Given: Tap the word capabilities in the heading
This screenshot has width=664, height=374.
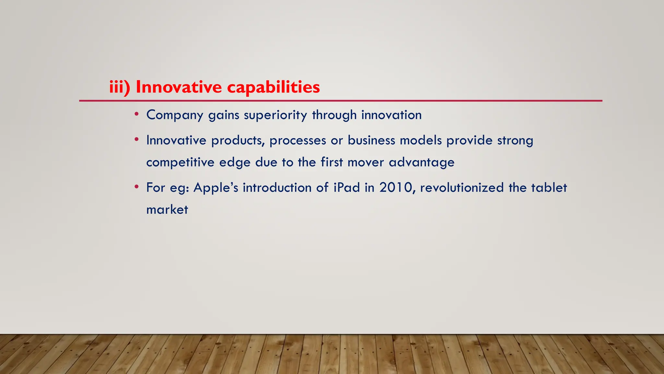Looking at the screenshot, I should (273, 87).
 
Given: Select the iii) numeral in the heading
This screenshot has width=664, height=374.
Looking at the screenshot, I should (119, 87).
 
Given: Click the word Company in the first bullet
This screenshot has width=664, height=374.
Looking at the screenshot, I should (175, 115).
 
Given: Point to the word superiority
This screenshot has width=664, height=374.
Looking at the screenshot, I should (275, 115).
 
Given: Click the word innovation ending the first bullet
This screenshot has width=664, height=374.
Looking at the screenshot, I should (391, 115).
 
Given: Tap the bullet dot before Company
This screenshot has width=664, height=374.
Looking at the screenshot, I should (137, 114).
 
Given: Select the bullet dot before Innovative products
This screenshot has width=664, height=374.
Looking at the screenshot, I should (137, 140).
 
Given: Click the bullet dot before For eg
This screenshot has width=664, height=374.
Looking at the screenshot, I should (137, 187).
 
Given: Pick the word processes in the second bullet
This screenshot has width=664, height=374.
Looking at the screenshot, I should (298, 141).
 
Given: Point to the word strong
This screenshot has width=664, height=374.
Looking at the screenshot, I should (515, 141).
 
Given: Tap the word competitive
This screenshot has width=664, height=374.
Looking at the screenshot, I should (180, 162).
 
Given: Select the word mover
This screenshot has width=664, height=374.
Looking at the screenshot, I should (366, 162).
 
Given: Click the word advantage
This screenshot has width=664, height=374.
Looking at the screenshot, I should (421, 162).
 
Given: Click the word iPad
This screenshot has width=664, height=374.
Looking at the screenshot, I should (347, 188).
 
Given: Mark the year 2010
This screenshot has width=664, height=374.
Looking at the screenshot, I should (397, 188).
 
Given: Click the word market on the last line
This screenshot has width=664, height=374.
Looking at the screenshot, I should (167, 210).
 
